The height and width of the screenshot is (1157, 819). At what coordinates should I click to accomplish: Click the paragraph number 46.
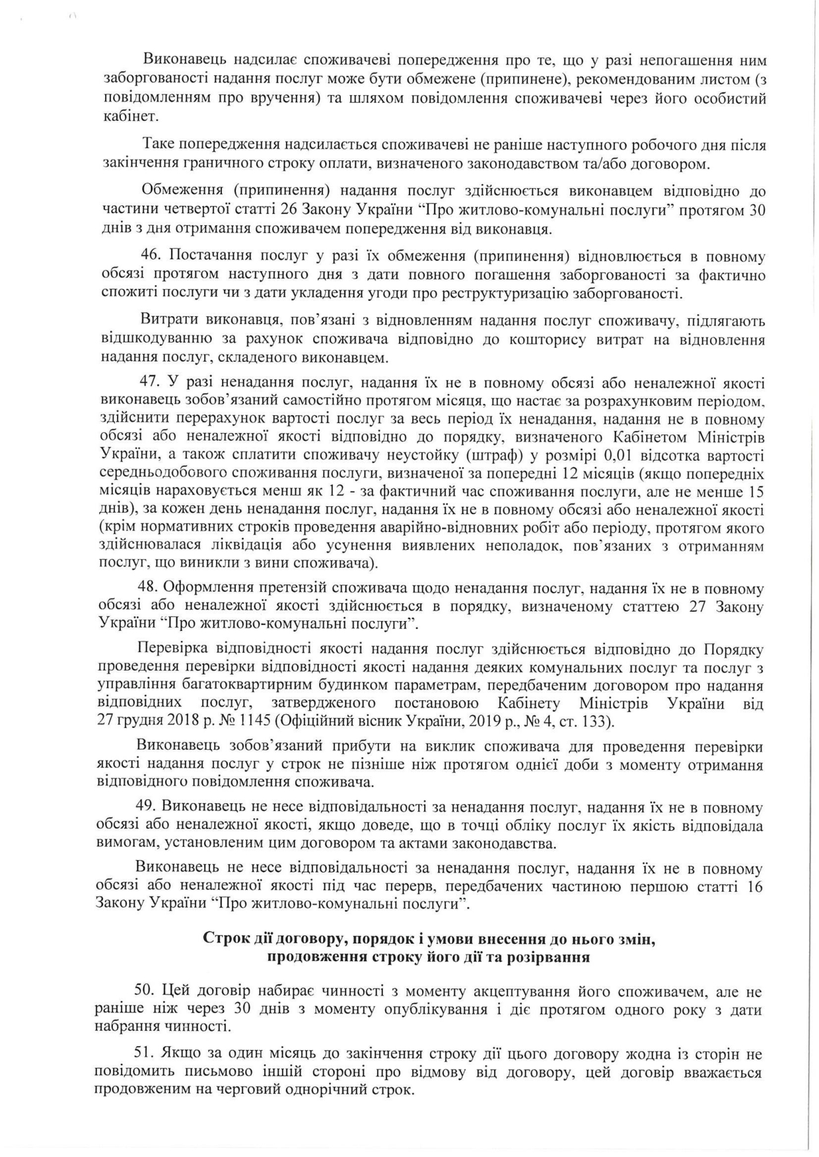point(150,256)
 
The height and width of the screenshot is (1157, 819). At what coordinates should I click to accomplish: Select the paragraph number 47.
point(149,383)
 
